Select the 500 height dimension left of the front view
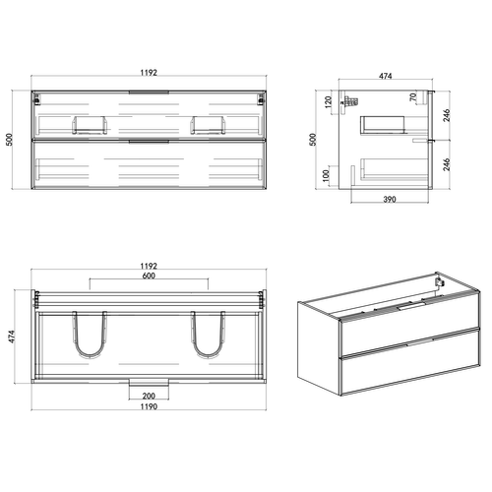click(11, 141)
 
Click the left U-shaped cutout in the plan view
click(90, 336)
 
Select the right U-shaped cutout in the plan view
click(209, 336)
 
